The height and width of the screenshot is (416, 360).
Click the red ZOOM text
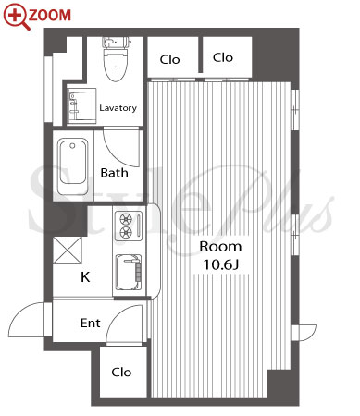coord(50,15)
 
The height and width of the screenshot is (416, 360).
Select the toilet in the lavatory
coord(116,59)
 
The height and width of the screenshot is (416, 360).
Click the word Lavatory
coord(118,108)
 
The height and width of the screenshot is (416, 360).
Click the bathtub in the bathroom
coord(73,166)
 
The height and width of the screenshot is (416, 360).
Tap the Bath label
coord(114,173)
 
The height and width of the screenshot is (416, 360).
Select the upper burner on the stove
coord(126,219)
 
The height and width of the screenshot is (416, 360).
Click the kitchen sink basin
coord(129,272)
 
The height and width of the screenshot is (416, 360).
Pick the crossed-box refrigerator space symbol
coord(68,251)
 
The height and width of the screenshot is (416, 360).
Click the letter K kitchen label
coord(85,277)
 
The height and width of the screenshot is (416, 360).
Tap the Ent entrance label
coord(90,324)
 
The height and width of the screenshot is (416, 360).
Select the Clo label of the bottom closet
coord(121,373)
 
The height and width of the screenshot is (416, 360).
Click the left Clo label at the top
coord(169,59)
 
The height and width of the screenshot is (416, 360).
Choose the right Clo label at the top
coord(223,57)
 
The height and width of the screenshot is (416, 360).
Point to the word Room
coord(220,247)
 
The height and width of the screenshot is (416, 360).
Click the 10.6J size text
coord(221,264)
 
